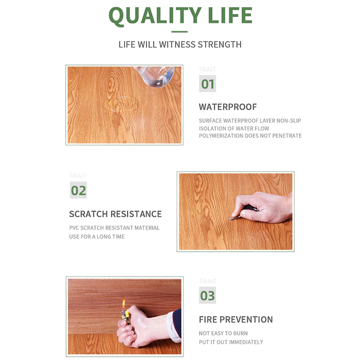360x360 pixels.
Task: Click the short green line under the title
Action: (180, 31)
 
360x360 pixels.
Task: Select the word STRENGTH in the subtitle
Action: (221, 45)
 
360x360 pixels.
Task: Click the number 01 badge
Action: (207, 84)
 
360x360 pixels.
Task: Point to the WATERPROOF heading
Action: (228, 107)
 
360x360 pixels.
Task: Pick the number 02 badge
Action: (78, 190)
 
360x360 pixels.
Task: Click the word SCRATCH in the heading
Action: (88, 214)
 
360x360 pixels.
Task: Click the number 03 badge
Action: (207, 296)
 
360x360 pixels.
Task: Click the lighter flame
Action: (124, 304)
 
